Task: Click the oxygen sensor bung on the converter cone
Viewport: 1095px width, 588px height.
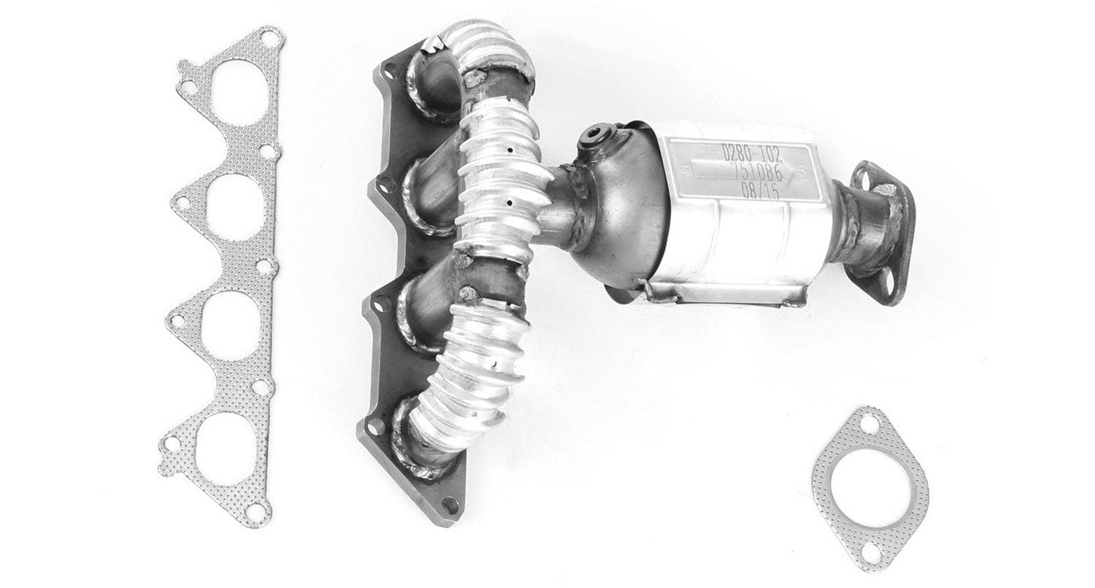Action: pos(593,140)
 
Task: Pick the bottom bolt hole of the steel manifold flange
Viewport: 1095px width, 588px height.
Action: pos(447,502)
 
